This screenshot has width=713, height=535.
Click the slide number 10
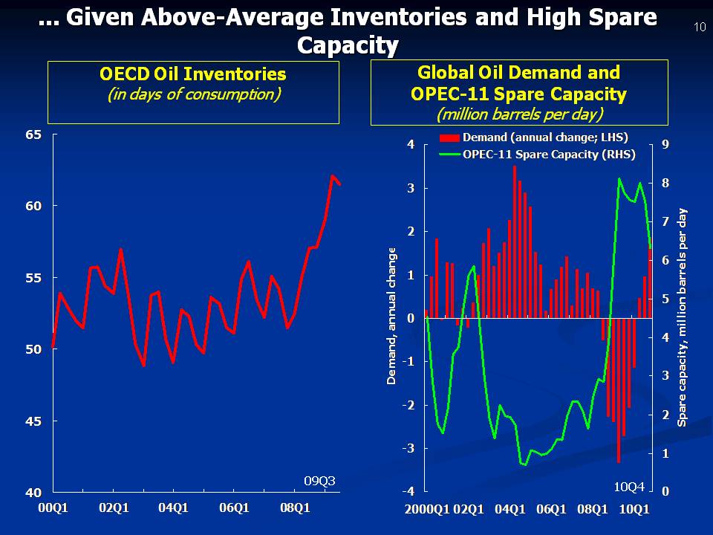(700, 27)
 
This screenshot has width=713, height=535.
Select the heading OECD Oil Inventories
(192, 74)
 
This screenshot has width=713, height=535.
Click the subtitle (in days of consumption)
(193, 94)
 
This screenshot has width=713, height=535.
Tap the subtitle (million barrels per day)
(519, 114)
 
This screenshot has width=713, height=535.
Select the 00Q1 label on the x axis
(52, 508)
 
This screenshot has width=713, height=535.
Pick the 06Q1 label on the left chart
(234, 508)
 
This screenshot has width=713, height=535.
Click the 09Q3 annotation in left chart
(321, 481)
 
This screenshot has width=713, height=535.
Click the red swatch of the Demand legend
(449, 137)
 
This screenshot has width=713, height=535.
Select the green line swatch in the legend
(449, 155)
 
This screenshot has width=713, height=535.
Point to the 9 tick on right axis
(665, 144)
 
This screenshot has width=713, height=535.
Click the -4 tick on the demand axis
(408, 492)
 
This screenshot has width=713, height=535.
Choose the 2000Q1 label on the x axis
(428, 509)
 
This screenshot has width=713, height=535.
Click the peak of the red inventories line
(333, 176)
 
